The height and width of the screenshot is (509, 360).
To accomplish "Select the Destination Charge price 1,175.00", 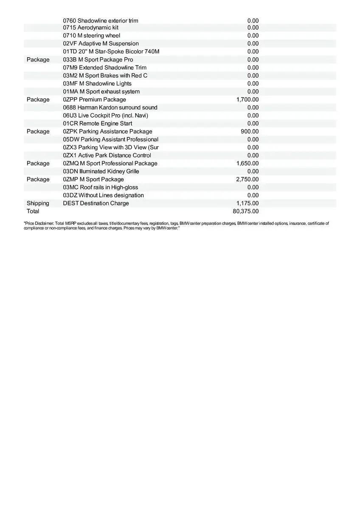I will (x=247, y=203).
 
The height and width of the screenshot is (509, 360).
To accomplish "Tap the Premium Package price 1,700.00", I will (x=247, y=100).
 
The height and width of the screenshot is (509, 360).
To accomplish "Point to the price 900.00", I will (x=250, y=131).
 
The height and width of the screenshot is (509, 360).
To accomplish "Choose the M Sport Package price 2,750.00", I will (x=247, y=179).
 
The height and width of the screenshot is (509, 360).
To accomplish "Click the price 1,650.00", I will (x=247, y=163).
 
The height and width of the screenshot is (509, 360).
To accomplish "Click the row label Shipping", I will (x=38, y=203).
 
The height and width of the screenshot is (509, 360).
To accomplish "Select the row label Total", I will (x=33, y=211).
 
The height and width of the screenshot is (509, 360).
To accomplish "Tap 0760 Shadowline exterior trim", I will (x=101, y=20).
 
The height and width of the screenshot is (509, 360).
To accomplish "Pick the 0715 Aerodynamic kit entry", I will (x=91, y=28).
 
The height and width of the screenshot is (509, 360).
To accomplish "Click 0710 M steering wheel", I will (x=92, y=36).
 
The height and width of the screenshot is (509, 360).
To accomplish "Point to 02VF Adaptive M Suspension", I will (x=101, y=44).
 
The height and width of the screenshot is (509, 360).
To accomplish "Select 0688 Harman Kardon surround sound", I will (x=110, y=108).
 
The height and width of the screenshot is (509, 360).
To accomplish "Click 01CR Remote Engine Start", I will (x=98, y=123).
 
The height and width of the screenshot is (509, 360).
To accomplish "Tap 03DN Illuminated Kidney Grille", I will (x=101, y=171).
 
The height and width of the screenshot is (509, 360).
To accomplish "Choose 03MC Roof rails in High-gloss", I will (x=101, y=187).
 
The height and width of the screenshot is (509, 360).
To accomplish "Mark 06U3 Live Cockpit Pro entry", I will (x=106, y=115).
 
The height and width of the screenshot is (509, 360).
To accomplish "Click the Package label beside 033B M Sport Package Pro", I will (x=38, y=60).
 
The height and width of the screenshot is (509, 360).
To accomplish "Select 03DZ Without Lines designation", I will (x=103, y=195).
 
